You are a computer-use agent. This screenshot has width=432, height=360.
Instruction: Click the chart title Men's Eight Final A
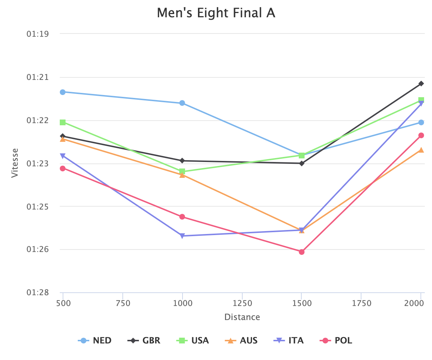[216, 13]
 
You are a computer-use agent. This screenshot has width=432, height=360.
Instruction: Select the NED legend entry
[95, 340]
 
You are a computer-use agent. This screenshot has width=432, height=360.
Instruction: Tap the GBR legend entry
[144, 340]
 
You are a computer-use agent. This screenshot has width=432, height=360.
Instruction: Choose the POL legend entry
[337, 340]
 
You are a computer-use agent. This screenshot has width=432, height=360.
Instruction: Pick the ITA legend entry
[288, 340]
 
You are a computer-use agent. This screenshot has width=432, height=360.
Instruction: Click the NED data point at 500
[63, 92]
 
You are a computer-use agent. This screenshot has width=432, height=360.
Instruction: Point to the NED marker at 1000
[182, 103]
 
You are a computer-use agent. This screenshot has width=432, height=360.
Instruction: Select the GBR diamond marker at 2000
[421, 84]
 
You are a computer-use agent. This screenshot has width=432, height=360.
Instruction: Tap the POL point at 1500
[302, 252]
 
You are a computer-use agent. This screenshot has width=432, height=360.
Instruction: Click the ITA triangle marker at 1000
[182, 236]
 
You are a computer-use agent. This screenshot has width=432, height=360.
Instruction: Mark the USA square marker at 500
[63, 122]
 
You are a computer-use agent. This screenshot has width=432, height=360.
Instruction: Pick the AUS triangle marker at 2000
[421, 150]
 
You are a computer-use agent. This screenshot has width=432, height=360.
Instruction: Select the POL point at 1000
[182, 217]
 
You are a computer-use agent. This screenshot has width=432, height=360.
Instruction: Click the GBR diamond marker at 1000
[182, 161]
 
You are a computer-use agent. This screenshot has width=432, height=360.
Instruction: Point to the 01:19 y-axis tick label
[37, 34]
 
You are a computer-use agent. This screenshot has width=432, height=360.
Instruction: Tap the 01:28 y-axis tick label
[37, 293]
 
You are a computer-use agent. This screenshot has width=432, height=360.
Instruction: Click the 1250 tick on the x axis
[242, 303]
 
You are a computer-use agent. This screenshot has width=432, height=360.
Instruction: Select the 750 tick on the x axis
[123, 303]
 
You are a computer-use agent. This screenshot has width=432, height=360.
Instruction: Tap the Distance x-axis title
[242, 317]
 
